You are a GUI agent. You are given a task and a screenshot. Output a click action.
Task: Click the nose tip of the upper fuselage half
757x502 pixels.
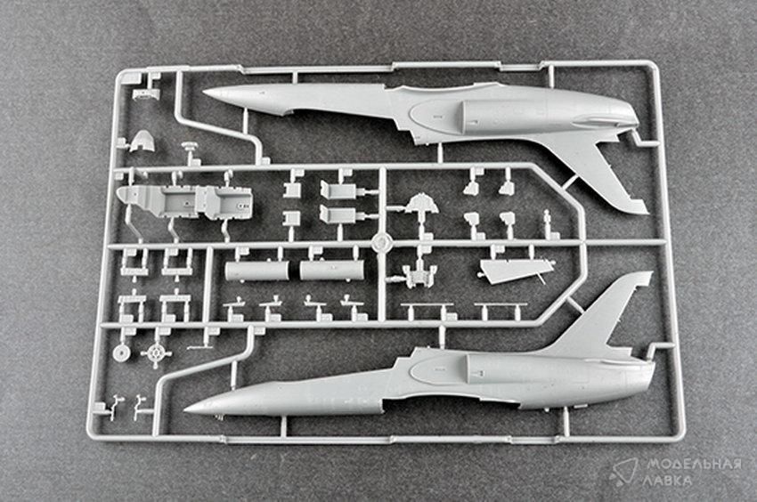(203, 92)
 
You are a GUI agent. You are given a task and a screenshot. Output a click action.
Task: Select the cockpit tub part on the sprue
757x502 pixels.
(186, 201)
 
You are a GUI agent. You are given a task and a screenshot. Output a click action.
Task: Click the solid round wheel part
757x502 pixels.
(121, 352)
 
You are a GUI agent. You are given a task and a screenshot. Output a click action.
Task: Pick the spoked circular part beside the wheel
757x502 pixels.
(156, 354)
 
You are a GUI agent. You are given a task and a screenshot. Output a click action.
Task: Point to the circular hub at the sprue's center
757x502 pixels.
(381, 242)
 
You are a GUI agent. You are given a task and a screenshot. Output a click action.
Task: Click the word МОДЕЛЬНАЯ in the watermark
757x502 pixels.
(694, 465)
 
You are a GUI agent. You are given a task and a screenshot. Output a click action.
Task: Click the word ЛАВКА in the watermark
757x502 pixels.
(668, 481)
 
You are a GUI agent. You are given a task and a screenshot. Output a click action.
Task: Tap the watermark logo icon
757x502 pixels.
(623, 472)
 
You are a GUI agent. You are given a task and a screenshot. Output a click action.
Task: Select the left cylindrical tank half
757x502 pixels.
(257, 271)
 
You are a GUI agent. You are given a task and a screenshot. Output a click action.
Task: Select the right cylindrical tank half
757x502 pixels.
(331, 270)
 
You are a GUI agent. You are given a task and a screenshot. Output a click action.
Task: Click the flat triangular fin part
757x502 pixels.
(512, 270)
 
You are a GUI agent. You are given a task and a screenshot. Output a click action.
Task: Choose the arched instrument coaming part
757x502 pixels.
(421, 204)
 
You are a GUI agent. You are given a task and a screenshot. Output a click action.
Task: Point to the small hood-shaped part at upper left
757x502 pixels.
(141, 141)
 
